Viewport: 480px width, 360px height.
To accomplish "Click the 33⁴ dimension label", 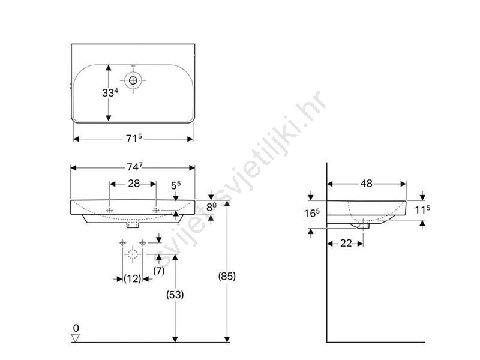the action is coord(110,92).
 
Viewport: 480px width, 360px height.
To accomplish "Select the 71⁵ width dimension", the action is coord(134,139).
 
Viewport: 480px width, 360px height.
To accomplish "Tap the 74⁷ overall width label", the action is coord(134,167).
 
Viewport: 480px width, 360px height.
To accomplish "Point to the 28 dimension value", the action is coord(134,184).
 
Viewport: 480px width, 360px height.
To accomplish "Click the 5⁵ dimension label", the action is coord(176,185).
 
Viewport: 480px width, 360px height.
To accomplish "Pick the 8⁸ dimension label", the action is coord(211,207).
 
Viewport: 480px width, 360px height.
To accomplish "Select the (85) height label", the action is coord(227,276).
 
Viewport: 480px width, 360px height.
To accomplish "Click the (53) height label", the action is coord(175,295).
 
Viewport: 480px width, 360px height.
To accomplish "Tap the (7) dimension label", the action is coord(158,271).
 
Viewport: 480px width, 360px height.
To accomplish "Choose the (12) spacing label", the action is coord(132,278).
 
